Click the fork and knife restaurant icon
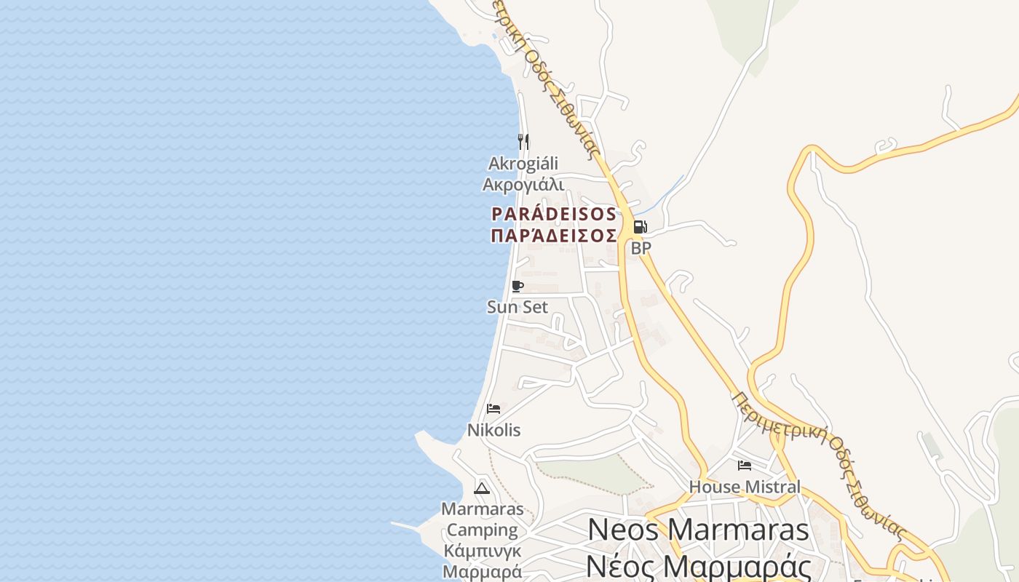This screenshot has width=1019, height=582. (x=523, y=141)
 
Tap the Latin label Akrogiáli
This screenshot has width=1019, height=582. (x=523, y=163)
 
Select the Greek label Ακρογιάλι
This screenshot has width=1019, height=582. (x=523, y=184)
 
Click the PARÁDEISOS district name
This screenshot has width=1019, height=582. (x=554, y=215)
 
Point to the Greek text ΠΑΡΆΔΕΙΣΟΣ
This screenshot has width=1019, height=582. (x=554, y=236)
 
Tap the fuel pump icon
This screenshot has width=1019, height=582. (x=640, y=227)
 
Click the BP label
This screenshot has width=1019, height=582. (x=641, y=248)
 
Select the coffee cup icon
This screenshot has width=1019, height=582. (x=518, y=286)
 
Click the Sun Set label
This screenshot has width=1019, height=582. (x=518, y=307)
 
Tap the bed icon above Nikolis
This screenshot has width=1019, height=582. (x=493, y=409)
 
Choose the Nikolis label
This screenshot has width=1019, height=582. (x=493, y=430)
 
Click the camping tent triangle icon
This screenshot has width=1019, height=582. (x=482, y=487)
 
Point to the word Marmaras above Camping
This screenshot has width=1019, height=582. (x=482, y=509)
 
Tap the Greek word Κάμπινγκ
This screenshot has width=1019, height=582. (x=482, y=551)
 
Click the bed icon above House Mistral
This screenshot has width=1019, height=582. (x=744, y=466)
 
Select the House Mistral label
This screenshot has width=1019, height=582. (x=744, y=487)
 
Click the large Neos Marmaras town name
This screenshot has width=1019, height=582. (x=698, y=530)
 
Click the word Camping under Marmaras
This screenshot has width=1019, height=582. (x=482, y=530)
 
